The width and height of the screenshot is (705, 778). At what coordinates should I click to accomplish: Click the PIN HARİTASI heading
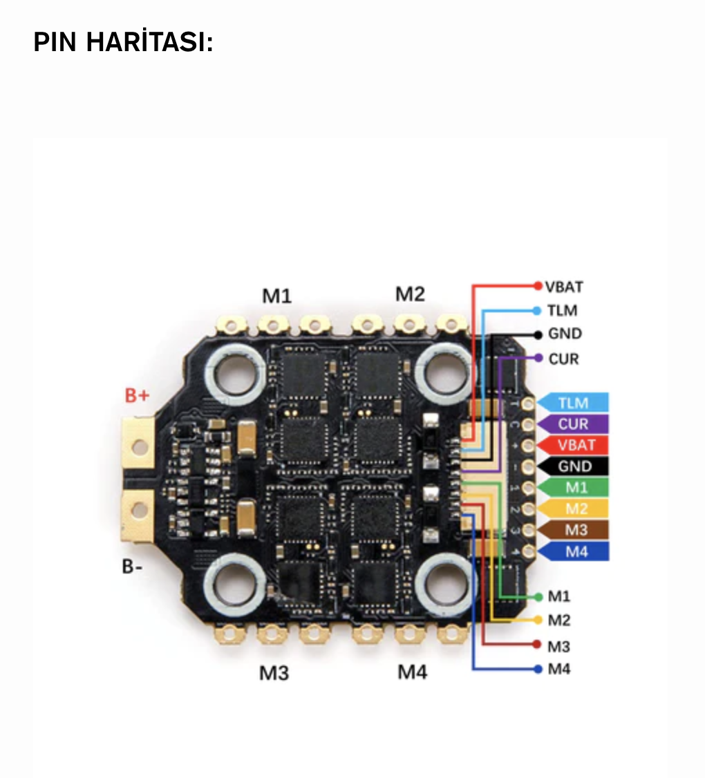pyautogui.click(x=123, y=43)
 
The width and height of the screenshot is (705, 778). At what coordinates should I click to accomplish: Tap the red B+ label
pyautogui.click(x=137, y=396)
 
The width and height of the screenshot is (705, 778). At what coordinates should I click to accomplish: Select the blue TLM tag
pyautogui.click(x=574, y=403)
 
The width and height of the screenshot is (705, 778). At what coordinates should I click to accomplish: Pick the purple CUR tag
pyautogui.click(x=574, y=424)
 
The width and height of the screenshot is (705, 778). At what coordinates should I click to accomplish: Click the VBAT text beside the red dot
pyautogui.click(x=564, y=286)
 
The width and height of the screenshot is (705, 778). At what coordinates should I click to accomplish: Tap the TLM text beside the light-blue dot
pyautogui.click(x=562, y=311)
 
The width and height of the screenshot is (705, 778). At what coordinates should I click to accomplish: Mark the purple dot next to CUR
pyautogui.click(x=538, y=358)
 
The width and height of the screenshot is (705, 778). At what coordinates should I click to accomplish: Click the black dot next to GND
pyautogui.click(x=538, y=334)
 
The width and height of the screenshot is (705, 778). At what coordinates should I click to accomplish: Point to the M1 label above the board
pyautogui.click(x=276, y=296)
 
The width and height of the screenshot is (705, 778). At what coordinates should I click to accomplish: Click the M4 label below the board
pyautogui.click(x=412, y=671)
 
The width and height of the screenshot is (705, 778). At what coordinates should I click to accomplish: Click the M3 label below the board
pyautogui.click(x=274, y=672)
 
